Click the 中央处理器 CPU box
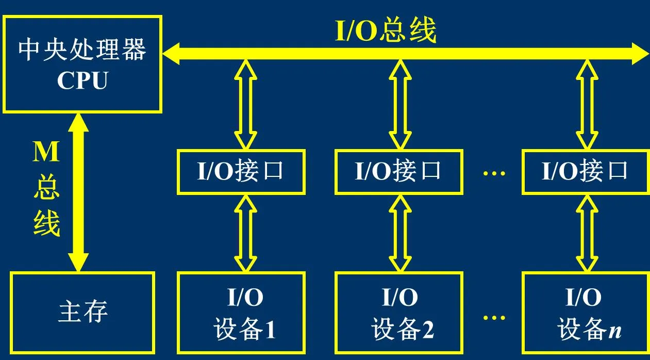82,64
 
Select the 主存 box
82,313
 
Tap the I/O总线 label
386,31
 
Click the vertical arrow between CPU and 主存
78,192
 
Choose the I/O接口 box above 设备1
241,172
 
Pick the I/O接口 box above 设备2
398,172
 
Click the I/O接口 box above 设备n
585,172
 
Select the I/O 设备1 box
241,313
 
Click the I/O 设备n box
585,313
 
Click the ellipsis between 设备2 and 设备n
494,316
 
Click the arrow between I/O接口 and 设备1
246,233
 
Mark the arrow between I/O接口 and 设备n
587,233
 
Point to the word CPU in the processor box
82,81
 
